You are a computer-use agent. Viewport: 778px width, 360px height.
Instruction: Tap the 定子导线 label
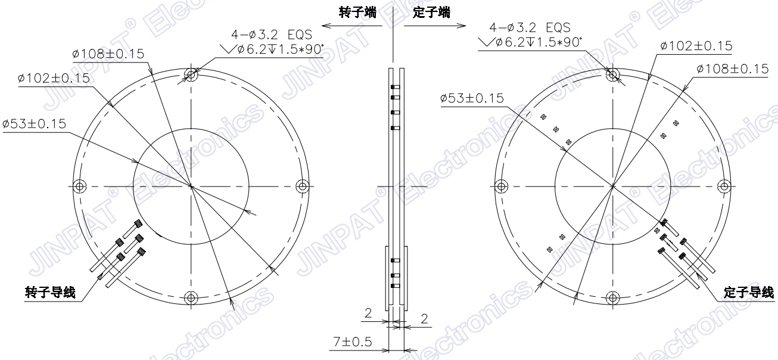click(748, 292)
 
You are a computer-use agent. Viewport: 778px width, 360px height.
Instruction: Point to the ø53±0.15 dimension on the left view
click(35, 123)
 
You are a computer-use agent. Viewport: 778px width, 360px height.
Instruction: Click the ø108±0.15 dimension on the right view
click(732, 69)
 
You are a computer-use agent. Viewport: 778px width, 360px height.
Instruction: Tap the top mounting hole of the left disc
click(191, 75)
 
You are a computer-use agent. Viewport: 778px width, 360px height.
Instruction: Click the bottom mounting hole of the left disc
click(191, 298)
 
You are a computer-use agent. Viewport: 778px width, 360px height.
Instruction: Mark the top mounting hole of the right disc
click(612, 75)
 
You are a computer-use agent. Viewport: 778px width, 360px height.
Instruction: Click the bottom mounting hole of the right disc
click(612, 298)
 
